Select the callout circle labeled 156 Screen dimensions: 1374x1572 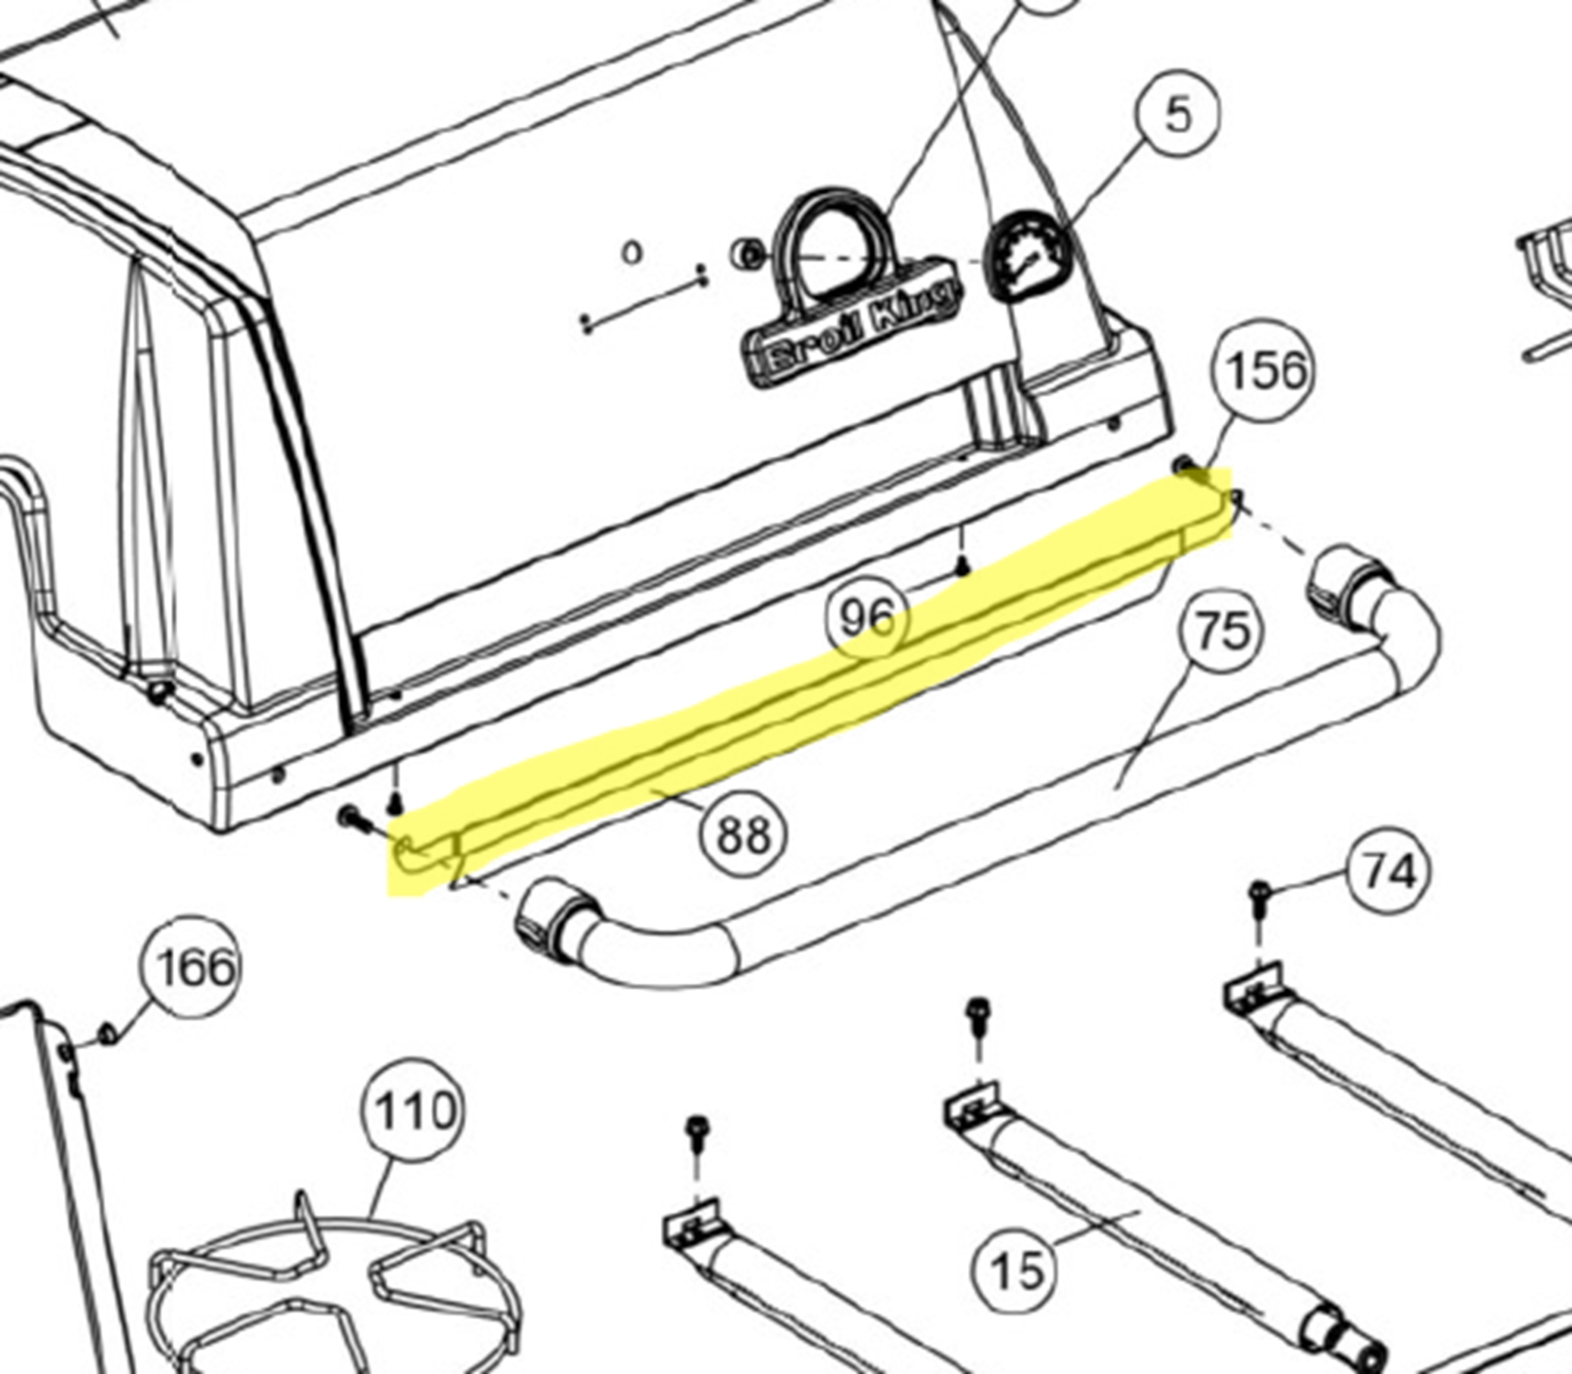pyautogui.click(x=1264, y=370)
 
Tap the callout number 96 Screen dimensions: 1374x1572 pyautogui.click(x=867, y=618)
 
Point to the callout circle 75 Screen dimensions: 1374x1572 pyautogui.click(x=1223, y=630)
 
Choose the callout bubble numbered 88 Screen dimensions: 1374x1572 pyautogui.click(x=744, y=834)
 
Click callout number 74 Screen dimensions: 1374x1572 pyautogui.click(x=1389, y=871)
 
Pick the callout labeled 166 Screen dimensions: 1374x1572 pyautogui.click(x=193, y=967)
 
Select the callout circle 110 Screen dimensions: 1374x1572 pyautogui.click(x=415, y=1111)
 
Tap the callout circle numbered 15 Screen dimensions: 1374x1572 pyautogui.click(x=1017, y=1268)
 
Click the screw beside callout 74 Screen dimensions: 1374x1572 pyautogui.click(x=1260, y=893)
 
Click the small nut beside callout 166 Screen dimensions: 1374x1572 pyautogui.click(x=106, y=1034)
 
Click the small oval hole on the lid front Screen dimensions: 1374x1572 pyautogui.click(x=632, y=252)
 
